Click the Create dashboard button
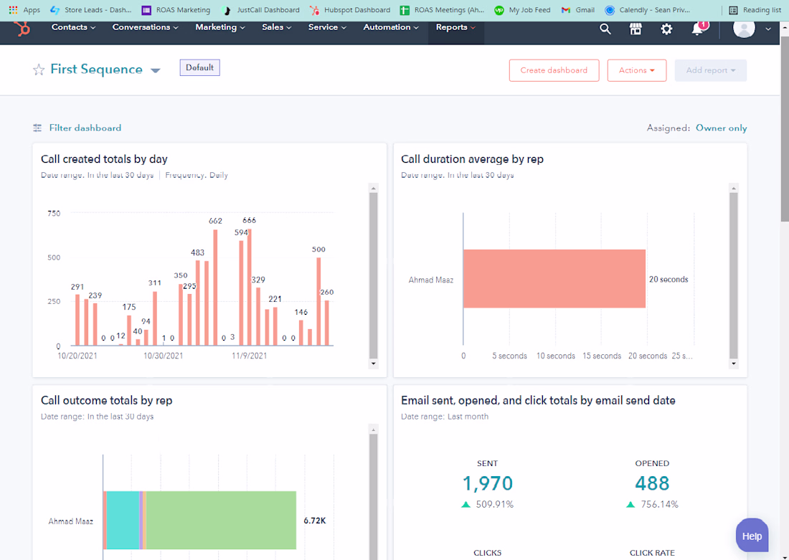click(554, 70)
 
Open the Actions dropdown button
click(636, 70)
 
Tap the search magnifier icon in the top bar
click(605, 29)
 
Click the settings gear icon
click(666, 29)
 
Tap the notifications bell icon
click(697, 29)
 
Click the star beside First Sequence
click(39, 70)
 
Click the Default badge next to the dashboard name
click(199, 67)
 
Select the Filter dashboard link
click(85, 128)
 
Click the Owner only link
click(721, 128)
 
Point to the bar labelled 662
click(215, 287)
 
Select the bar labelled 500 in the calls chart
click(318, 301)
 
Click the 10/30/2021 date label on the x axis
click(163, 355)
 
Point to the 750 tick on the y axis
click(54, 213)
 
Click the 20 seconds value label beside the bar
click(668, 280)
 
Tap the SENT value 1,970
click(487, 483)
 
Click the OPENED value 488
click(652, 483)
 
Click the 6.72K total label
click(315, 521)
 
